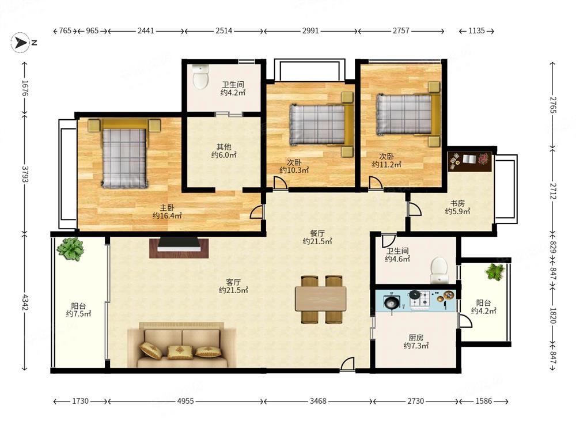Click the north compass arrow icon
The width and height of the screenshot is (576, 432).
click(x=20, y=43)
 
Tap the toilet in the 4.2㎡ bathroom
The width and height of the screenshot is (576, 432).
click(x=200, y=77)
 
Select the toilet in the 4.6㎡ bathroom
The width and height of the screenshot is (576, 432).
click(x=439, y=270)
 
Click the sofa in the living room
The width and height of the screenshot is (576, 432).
click(x=182, y=345)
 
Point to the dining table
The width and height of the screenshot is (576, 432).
click(x=321, y=299)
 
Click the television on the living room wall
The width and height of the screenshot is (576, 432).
click(x=179, y=245)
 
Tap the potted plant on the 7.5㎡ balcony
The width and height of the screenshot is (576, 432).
click(x=70, y=249)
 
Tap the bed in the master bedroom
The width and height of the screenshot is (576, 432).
click(x=124, y=154)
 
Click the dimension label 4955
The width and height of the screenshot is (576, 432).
click(x=185, y=401)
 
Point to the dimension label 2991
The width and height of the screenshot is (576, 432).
click(x=310, y=31)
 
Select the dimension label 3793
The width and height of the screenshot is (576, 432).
click(x=25, y=173)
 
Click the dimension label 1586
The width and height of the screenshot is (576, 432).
click(x=483, y=401)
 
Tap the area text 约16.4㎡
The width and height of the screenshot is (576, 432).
click(x=167, y=215)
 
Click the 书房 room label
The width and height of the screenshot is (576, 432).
click(x=458, y=203)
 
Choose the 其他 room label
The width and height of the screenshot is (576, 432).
click(x=223, y=147)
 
